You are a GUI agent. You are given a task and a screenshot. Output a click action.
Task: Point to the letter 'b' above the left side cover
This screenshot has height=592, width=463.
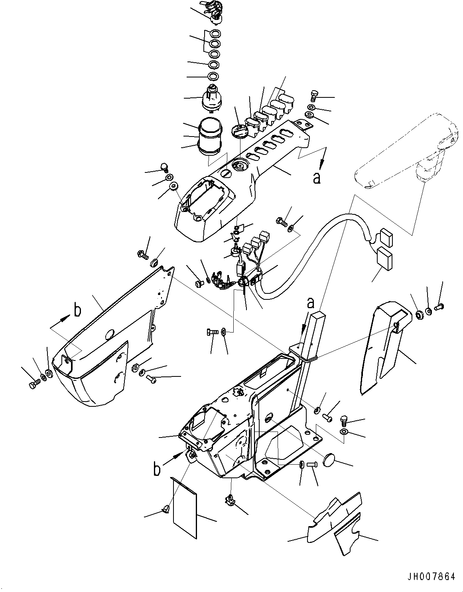(x=78, y=310)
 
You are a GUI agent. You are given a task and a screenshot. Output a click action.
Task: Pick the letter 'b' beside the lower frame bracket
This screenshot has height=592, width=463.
(x=157, y=469)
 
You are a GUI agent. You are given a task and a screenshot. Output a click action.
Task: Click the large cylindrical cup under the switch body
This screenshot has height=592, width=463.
(x=210, y=135)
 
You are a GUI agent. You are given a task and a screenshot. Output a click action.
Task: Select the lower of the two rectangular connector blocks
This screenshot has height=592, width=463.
(x=385, y=257)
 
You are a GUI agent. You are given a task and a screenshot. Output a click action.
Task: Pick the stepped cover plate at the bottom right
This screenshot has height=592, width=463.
(x=335, y=519)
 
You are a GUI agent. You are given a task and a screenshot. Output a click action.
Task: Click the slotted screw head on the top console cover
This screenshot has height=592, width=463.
(x=227, y=174)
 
